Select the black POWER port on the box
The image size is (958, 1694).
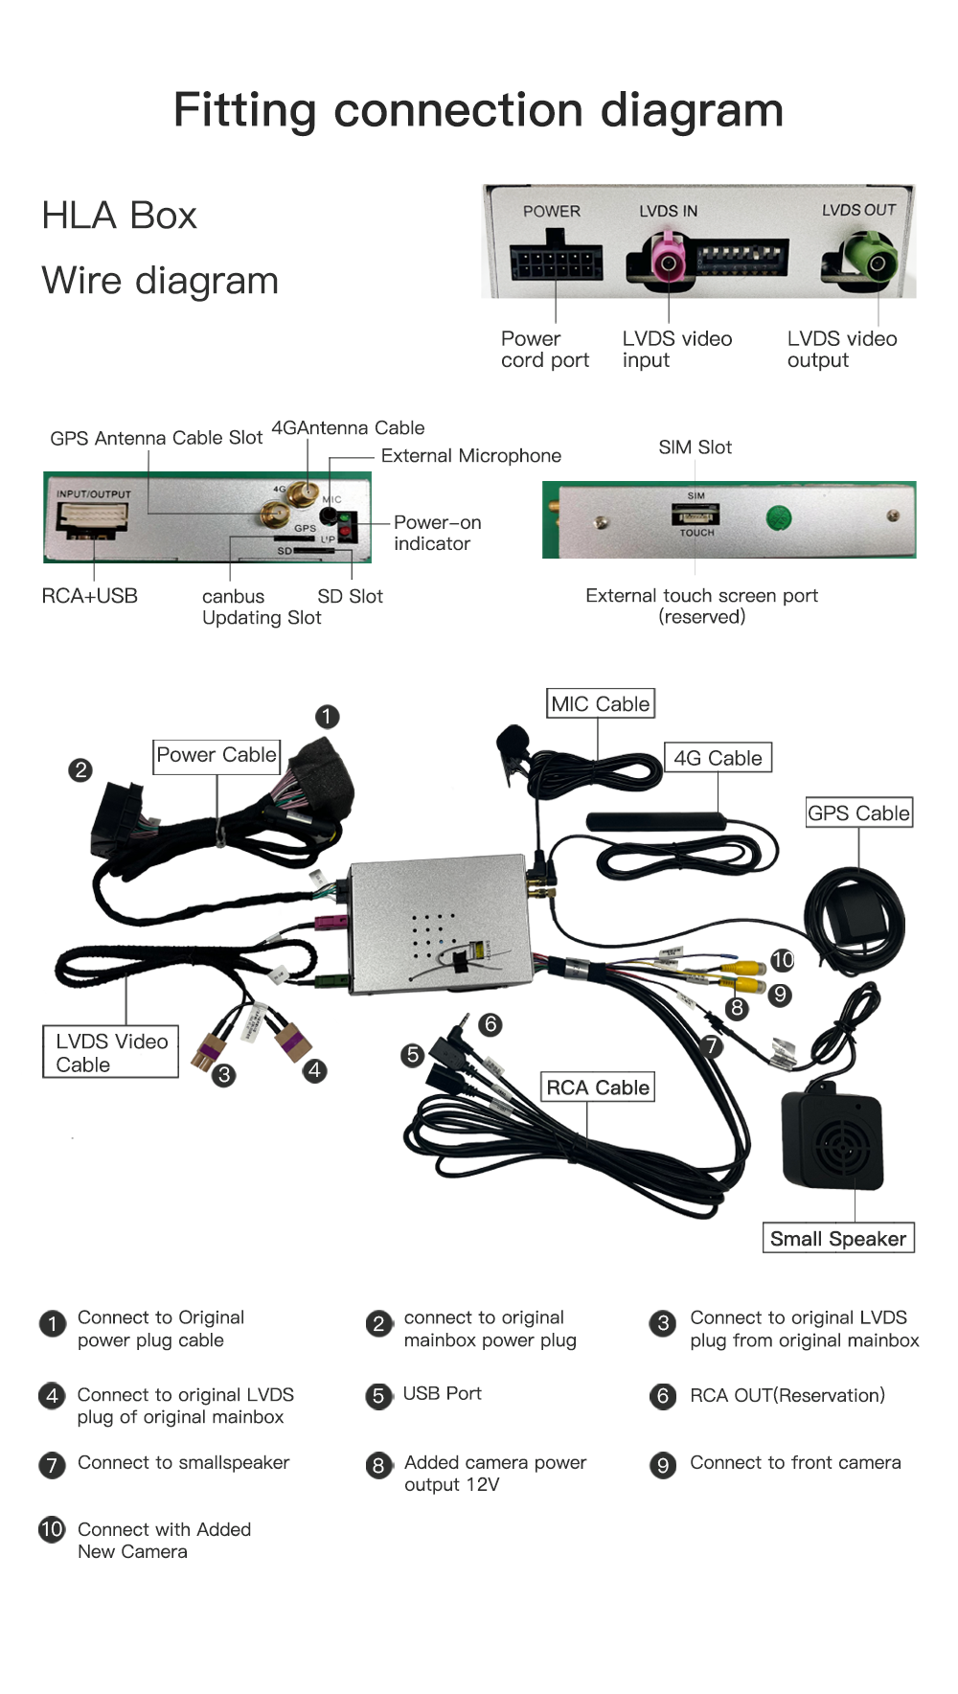pos(556,261)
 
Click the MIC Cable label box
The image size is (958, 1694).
pos(601,704)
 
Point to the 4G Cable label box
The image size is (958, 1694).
pos(718,758)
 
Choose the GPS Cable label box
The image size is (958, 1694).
pos(858,813)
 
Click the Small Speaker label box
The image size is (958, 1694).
pos(838,1238)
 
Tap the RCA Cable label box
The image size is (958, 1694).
pos(598,1087)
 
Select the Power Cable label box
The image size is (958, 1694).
pos(217,755)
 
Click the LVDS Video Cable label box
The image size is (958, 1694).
pos(111,1052)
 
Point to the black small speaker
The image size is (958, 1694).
pos(833,1139)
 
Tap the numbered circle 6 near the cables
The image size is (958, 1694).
pos(490,1024)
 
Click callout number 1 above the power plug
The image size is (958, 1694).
pos(327,717)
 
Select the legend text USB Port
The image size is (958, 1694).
pos(442,1393)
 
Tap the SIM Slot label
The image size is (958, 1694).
pos(695,447)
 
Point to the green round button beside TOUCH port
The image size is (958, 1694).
pos(779,518)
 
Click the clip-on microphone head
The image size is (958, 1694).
pos(512,742)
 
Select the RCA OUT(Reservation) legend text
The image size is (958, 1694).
pos(787,1395)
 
